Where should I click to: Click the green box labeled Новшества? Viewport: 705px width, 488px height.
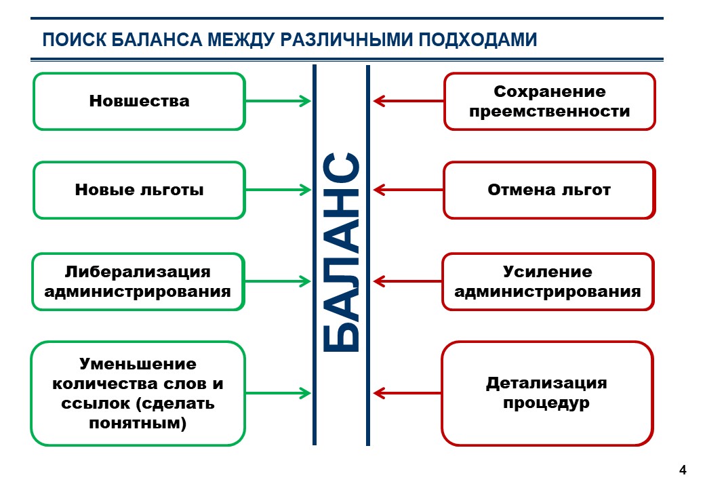click(x=139, y=101)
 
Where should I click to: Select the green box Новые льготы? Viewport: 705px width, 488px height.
click(x=139, y=190)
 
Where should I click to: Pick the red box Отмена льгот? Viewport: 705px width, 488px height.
click(x=549, y=190)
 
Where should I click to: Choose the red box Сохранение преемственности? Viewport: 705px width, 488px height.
click(x=549, y=101)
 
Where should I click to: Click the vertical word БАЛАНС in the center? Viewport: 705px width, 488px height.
click(x=340, y=253)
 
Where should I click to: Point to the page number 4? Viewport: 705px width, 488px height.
click(x=683, y=470)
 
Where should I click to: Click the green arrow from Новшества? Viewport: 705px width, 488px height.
click(x=278, y=101)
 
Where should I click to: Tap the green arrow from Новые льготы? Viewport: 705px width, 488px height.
click(x=278, y=190)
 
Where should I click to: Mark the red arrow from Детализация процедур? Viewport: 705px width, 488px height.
click(x=407, y=392)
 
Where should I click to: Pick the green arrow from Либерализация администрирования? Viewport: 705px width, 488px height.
click(x=278, y=281)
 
